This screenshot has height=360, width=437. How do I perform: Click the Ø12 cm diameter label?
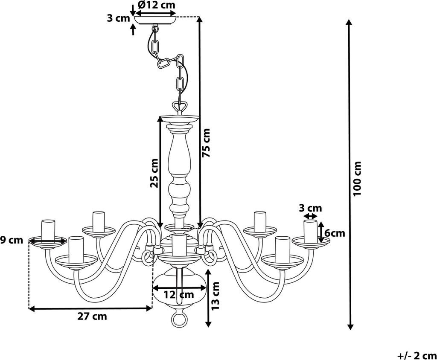coord(156,5)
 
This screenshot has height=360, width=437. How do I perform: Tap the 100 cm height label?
coord(357,178)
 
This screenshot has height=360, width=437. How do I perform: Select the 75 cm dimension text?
coord(207,142)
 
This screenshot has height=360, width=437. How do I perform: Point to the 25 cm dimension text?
coord(154,173)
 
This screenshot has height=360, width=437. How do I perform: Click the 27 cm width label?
coord(92,316)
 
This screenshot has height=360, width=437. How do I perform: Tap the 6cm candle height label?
coord(335,232)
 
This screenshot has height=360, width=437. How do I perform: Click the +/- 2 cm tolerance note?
coord(417,356)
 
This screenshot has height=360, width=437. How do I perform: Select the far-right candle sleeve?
coord(310,231)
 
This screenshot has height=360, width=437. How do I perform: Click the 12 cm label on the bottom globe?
coord(178,294)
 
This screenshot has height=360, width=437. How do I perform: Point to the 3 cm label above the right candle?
coord(310,208)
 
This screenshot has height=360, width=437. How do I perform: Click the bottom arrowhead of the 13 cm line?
coord(208,324)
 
